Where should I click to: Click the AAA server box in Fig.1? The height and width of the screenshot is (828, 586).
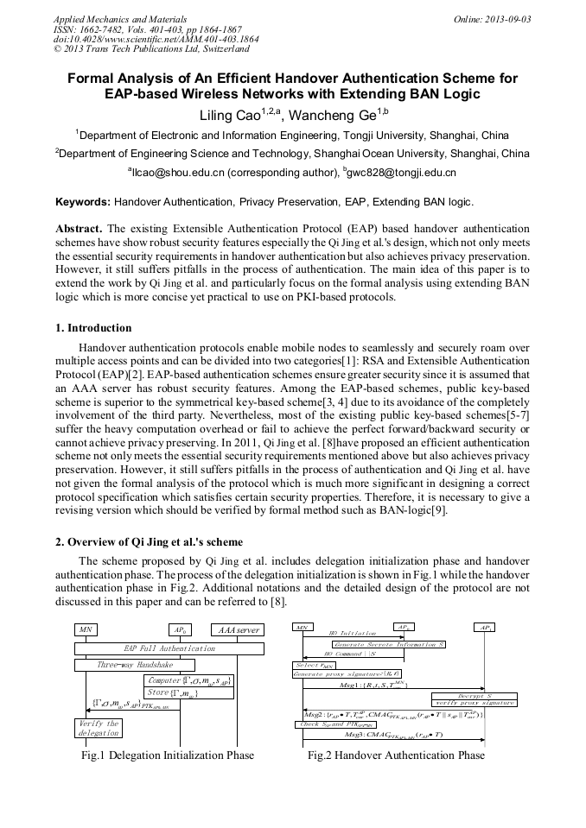tap(236, 630)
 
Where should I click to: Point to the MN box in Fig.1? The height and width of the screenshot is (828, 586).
tap(86, 630)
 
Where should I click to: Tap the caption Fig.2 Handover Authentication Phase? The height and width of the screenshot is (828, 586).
tap(396, 755)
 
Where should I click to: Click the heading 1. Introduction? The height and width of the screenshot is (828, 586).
tap(93, 328)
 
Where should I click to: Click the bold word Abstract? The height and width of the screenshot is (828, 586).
tap(79, 229)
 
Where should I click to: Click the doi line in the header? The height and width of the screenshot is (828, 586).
tap(156, 40)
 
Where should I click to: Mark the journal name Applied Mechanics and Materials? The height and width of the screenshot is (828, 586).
tap(119, 18)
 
